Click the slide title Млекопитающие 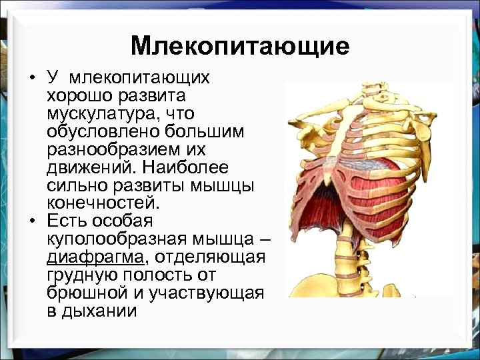(240, 45)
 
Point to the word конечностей (104, 202)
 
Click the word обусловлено (99, 132)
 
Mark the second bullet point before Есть (32, 221)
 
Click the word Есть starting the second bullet (67, 221)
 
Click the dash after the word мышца (260, 239)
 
